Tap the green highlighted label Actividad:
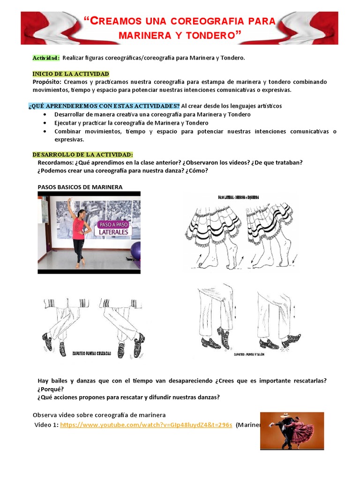[x=45, y=58]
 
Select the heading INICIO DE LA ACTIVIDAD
[x=70, y=74]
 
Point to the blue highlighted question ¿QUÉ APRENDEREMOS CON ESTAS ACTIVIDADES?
[x=104, y=106]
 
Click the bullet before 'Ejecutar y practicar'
[x=45, y=123]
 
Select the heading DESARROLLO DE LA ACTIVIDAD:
[x=82, y=155]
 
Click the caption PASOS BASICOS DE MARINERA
[x=80, y=187]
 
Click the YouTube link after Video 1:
[x=146, y=425]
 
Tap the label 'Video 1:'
[x=46, y=425]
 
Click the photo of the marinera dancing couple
[x=292, y=430]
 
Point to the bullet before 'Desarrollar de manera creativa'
[x=45, y=114]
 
